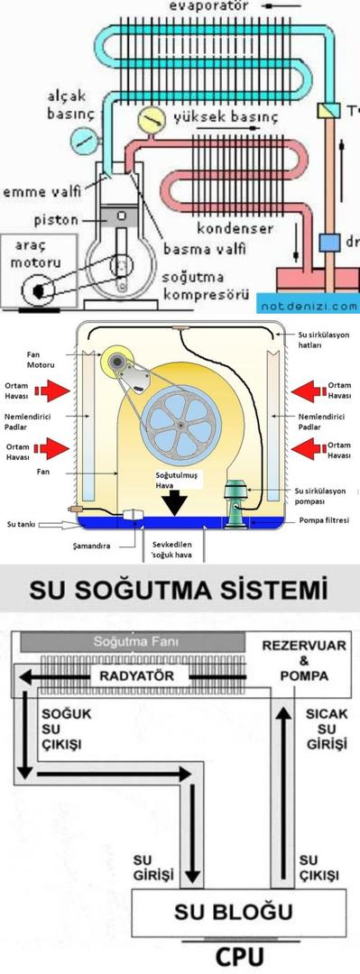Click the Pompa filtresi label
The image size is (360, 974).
321,521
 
